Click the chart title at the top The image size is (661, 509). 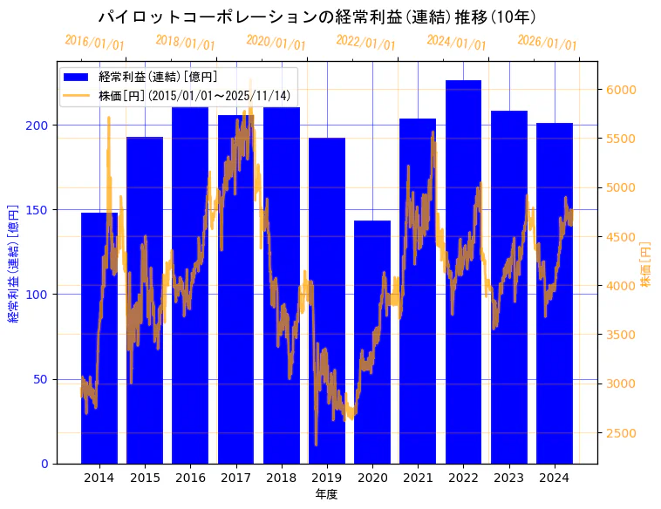click(x=317, y=17)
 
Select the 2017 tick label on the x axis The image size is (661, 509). click(x=235, y=478)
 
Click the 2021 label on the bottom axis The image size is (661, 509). click(x=418, y=478)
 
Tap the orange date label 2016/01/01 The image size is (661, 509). click(x=94, y=43)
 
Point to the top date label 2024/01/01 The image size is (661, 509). click(x=456, y=43)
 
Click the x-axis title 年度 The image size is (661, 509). click(x=326, y=494)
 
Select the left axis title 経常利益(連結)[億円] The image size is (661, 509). click(x=14, y=262)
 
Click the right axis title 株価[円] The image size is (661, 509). click(x=646, y=264)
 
